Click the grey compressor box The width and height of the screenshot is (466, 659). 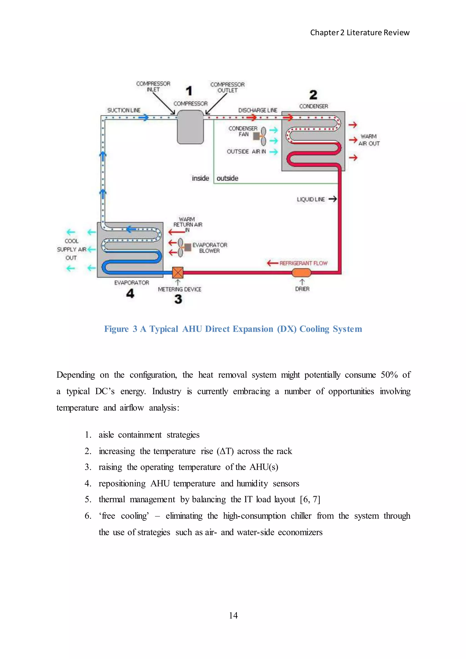[x=190, y=127]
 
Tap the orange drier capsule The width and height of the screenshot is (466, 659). [x=301, y=272]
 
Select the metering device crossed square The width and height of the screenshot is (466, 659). [x=178, y=273]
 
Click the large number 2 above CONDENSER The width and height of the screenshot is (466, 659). [x=313, y=95]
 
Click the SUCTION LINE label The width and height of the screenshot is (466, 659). [x=124, y=110]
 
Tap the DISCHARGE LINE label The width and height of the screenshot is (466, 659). [x=257, y=110]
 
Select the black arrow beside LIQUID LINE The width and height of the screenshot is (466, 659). [x=333, y=199]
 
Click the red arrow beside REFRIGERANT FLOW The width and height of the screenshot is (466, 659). [x=272, y=263]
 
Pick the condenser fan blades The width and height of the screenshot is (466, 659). [x=263, y=136]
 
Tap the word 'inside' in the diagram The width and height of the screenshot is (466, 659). [x=200, y=178]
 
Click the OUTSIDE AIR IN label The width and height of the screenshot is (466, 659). [x=246, y=152]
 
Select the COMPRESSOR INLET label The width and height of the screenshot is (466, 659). [x=153, y=86]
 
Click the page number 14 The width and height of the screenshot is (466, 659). [x=233, y=615]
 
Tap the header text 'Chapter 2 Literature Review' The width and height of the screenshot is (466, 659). [x=360, y=33]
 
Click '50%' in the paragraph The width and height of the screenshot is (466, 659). [x=389, y=375]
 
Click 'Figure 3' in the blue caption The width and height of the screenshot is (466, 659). [x=121, y=329]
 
